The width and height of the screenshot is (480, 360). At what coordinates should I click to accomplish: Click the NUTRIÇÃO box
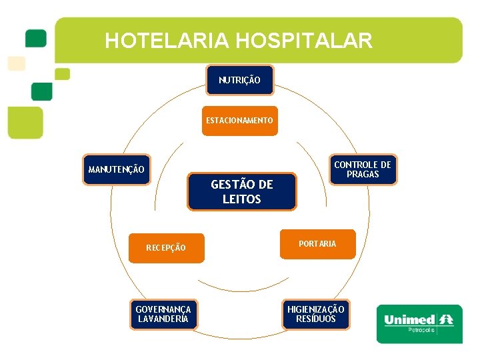pyautogui.click(x=239, y=81)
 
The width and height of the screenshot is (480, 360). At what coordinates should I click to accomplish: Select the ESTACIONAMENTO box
pyautogui.click(x=239, y=121)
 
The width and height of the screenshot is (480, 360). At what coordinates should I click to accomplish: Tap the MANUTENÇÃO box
pyautogui.click(x=116, y=170)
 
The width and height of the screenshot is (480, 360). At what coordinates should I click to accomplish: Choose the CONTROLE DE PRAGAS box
pyautogui.click(x=363, y=169)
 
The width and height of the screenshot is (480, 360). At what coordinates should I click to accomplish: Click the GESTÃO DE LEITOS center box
pyautogui.click(x=241, y=192)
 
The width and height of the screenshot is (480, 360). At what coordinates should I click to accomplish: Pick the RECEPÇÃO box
pyautogui.click(x=166, y=247)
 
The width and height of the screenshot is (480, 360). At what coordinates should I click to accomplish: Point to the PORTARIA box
pyautogui.click(x=317, y=244)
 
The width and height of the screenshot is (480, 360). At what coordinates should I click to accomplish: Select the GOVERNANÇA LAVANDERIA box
pyautogui.click(x=163, y=314)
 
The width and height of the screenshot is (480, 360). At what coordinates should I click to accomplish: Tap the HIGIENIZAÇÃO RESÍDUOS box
pyautogui.click(x=316, y=314)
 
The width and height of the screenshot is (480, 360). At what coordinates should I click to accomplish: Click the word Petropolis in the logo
pyautogui.click(x=421, y=330)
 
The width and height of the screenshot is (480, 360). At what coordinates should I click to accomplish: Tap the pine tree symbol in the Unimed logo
pyautogui.click(x=446, y=319)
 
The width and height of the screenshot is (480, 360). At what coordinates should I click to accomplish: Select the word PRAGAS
pyautogui.click(x=363, y=175)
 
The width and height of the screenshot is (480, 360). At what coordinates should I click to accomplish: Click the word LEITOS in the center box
pyautogui.click(x=241, y=199)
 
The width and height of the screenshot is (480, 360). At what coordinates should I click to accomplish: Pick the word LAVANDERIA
pyautogui.click(x=163, y=319)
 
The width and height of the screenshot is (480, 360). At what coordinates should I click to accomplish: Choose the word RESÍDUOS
pyautogui.click(x=316, y=319)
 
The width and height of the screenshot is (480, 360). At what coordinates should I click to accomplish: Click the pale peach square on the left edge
pyautogui.click(x=16, y=63)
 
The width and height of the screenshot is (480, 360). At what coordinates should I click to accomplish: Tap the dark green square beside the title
pyautogui.click(x=35, y=37)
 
